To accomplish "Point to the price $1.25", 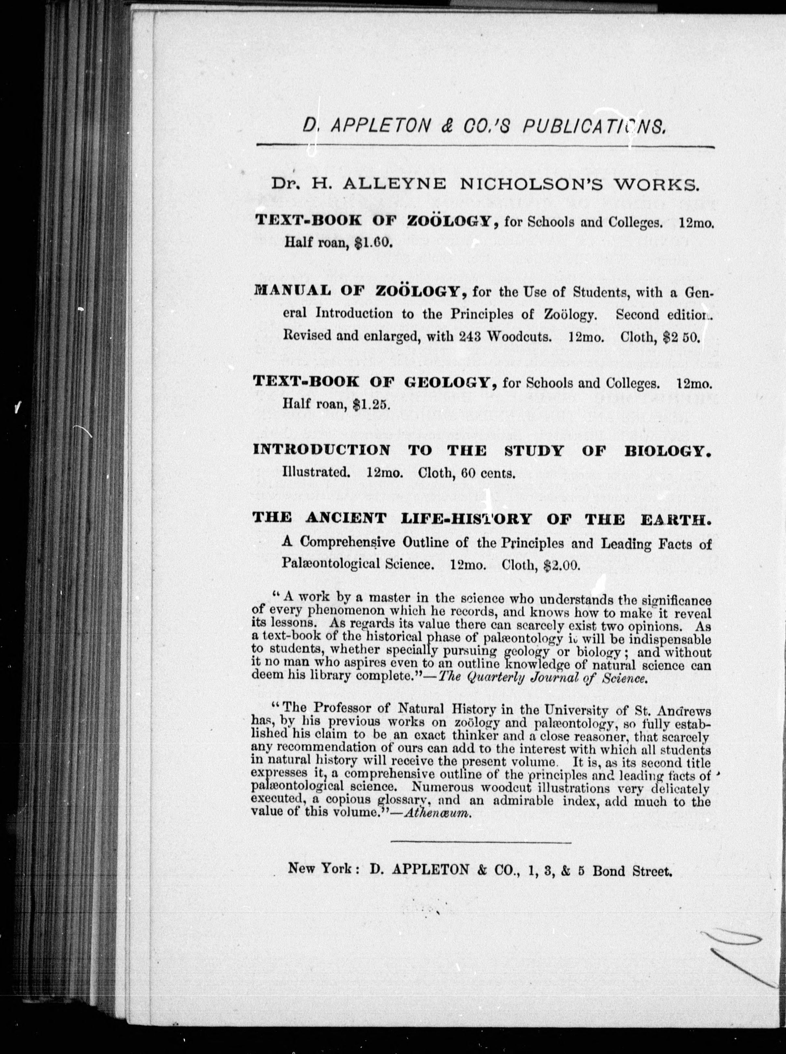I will (372, 405).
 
